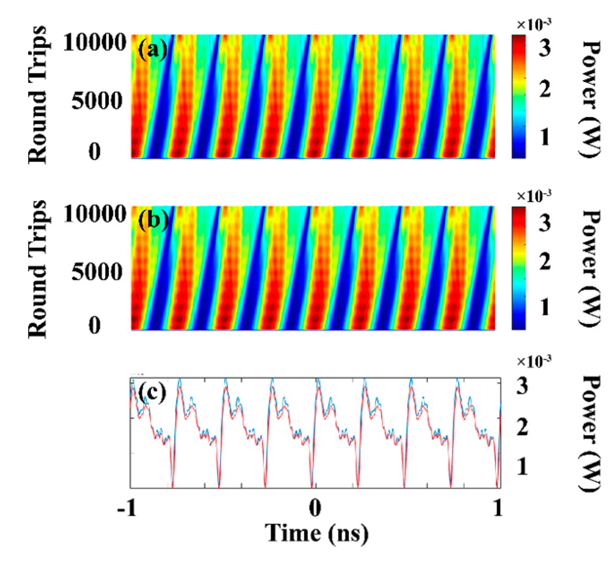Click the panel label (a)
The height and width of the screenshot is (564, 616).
coord(152,51)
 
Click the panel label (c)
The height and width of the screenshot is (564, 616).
coord(152,393)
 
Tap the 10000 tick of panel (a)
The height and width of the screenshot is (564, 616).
coord(94,43)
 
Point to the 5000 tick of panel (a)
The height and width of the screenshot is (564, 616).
coord(97,101)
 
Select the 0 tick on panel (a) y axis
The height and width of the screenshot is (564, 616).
coord(94,152)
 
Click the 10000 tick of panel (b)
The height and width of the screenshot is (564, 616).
coord(94,214)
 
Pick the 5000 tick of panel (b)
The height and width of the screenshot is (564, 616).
coord(97,272)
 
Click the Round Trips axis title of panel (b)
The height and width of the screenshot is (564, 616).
coord(38,269)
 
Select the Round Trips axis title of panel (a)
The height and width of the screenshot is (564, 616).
coord(38,95)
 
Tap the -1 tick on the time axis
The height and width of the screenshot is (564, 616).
coord(127,509)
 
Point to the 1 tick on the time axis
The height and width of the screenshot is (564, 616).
coord(498,509)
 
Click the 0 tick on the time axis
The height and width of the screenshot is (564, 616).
coord(315,509)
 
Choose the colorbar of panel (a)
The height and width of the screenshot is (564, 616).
coord(518,97)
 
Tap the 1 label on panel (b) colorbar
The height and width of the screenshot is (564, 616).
coord(544,307)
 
